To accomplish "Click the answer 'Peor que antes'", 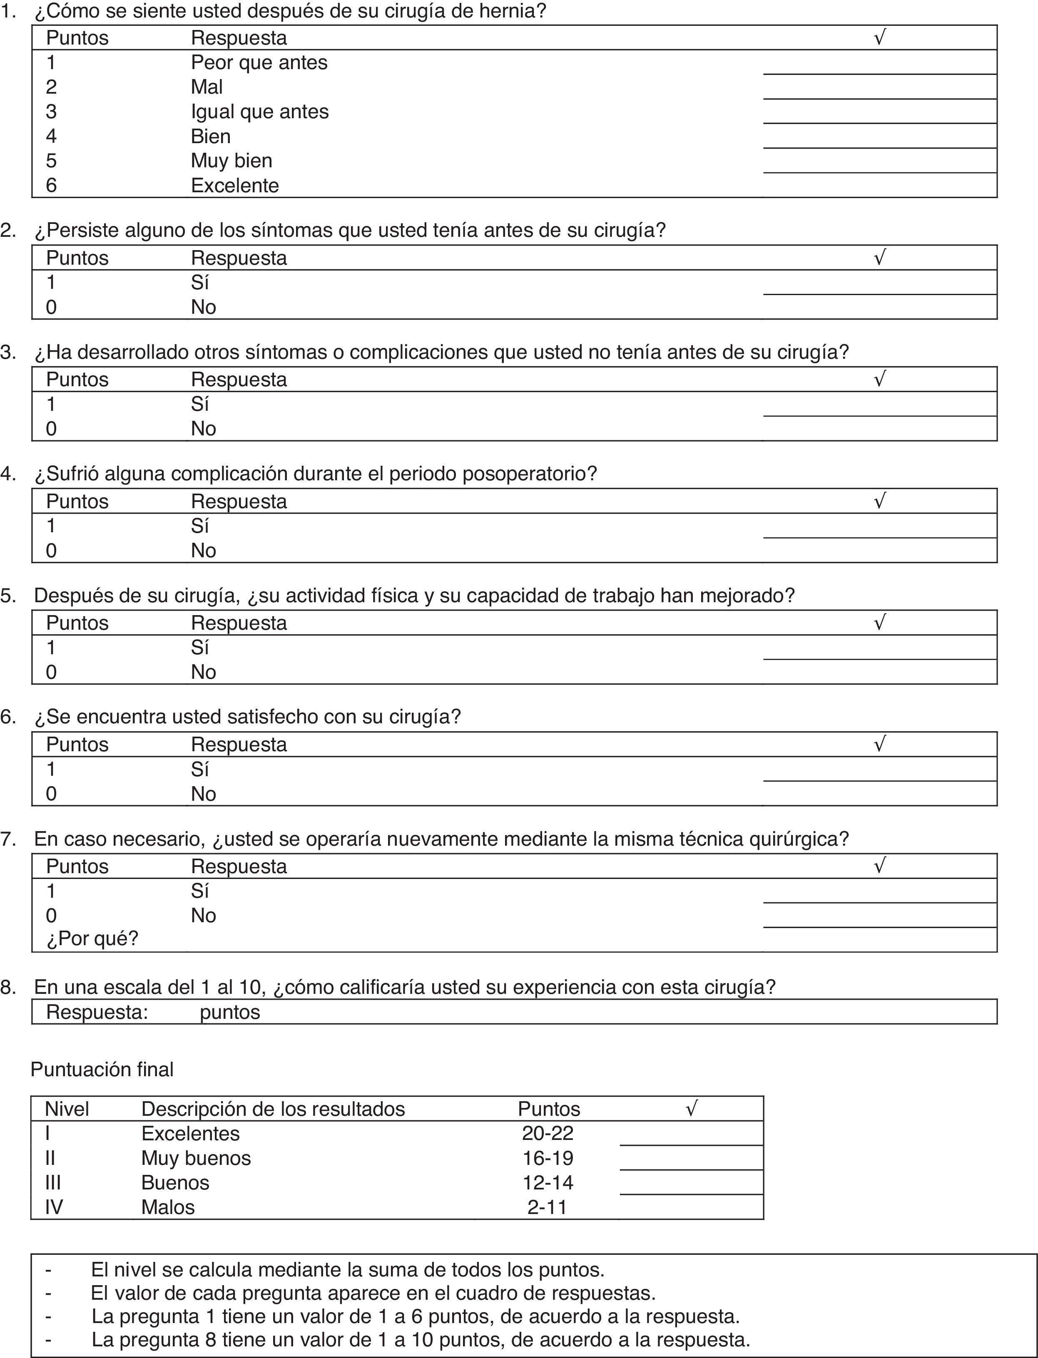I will [x=259, y=62].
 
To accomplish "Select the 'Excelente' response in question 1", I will [x=235, y=185].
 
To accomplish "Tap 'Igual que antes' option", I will [x=259, y=112].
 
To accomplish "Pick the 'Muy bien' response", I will [x=231, y=161].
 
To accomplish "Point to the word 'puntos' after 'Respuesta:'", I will [x=230, y=1012].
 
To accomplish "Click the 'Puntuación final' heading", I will [x=102, y=1070].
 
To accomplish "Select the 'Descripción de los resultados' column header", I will [x=273, y=1109].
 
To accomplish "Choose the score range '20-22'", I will [x=548, y=1133].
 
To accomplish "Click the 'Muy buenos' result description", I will [x=196, y=1158].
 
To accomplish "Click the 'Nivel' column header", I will [x=67, y=1109].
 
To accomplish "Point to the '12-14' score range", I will [x=548, y=1183].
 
